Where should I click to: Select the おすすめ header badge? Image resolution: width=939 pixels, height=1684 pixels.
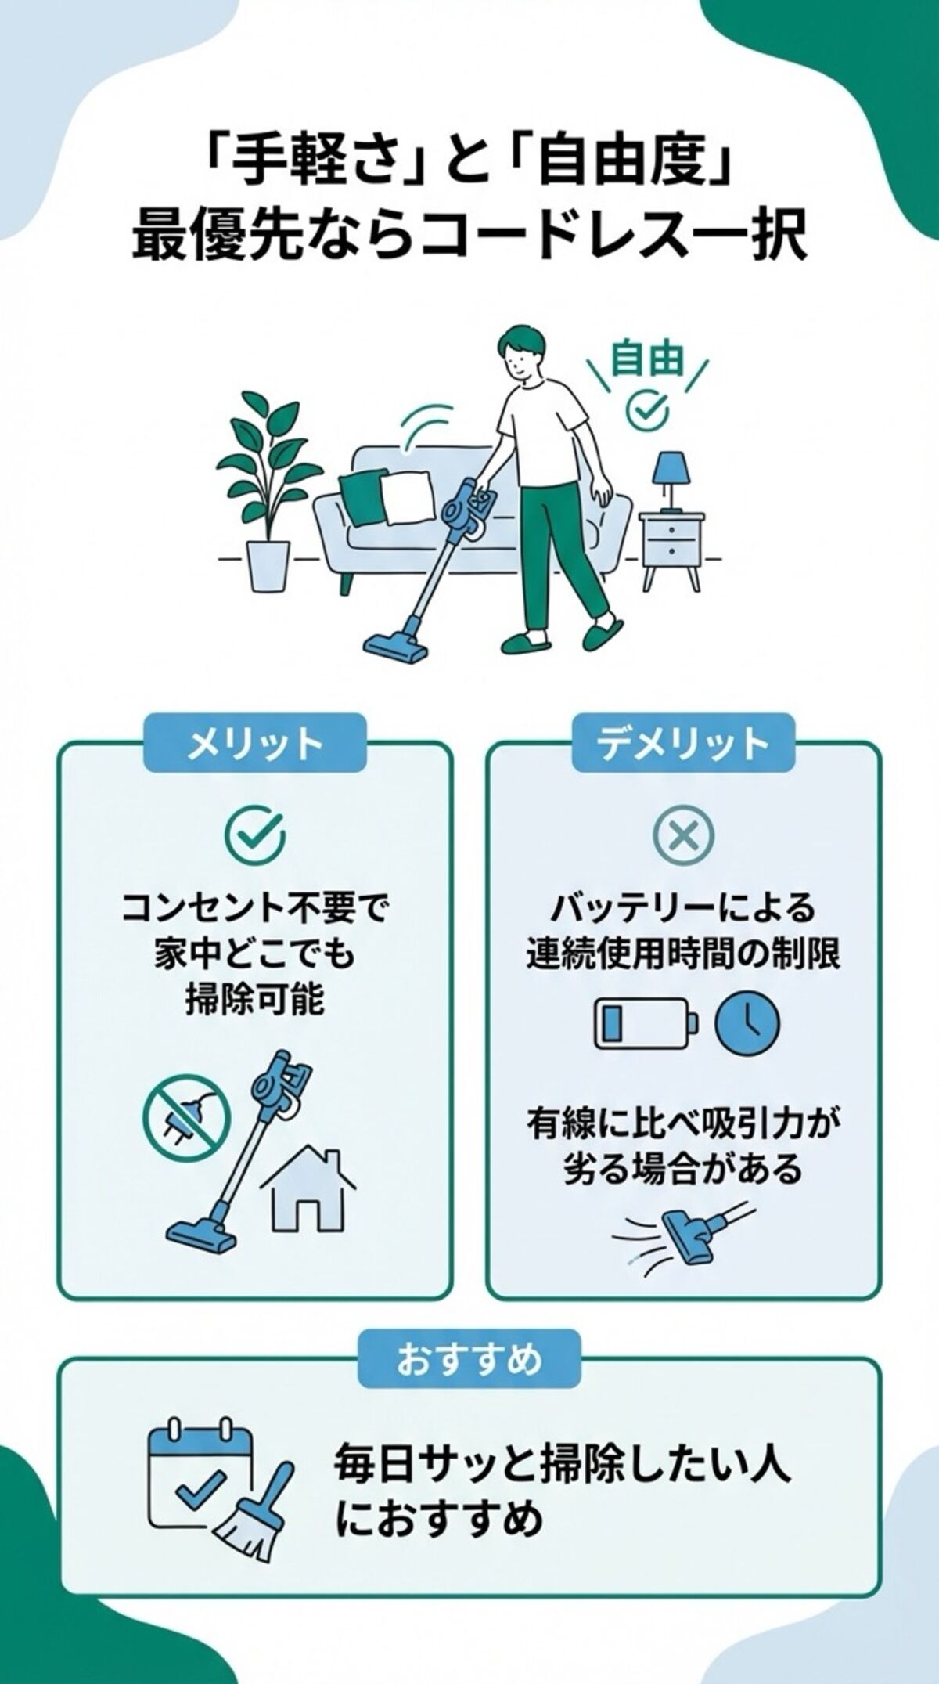click(x=469, y=1360)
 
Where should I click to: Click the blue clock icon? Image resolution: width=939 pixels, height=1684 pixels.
click(x=748, y=1023)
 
